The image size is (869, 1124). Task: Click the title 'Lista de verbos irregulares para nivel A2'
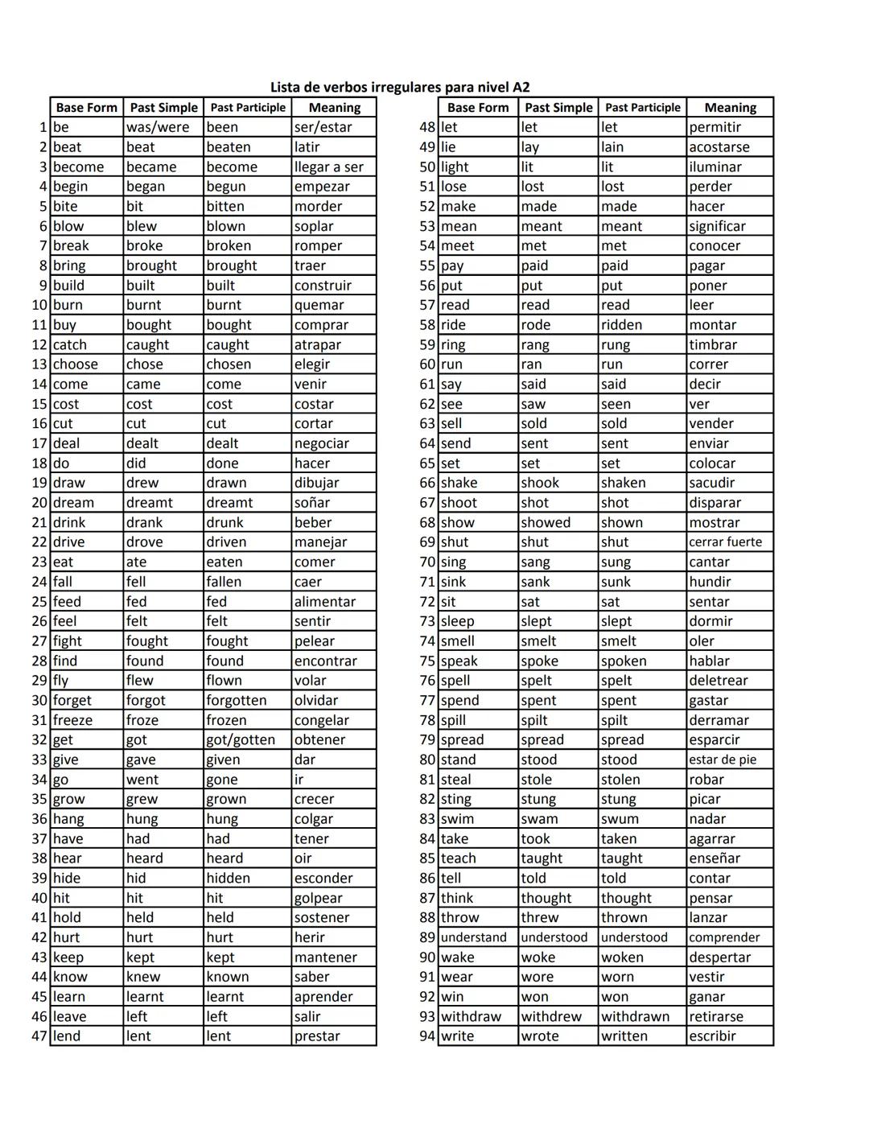pos(399,87)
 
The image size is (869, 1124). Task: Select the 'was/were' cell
pos(158,127)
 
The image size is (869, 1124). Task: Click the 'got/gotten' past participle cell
pos(241,740)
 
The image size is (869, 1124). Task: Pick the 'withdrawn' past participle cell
pos(636,1017)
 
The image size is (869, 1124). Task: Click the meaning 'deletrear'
pos(719,681)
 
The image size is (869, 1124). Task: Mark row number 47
pos(39,1036)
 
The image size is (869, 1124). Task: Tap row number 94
pos(427,1036)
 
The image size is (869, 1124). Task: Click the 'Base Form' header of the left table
pos(86,108)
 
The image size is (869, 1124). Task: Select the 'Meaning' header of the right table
pos(730,108)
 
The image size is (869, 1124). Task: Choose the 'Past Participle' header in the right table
pos(642,108)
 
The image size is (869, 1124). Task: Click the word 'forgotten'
pos(236,701)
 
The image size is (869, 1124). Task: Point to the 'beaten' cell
pos(229,147)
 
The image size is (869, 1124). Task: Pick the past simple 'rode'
pos(536,325)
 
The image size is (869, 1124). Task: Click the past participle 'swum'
pos(620,819)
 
